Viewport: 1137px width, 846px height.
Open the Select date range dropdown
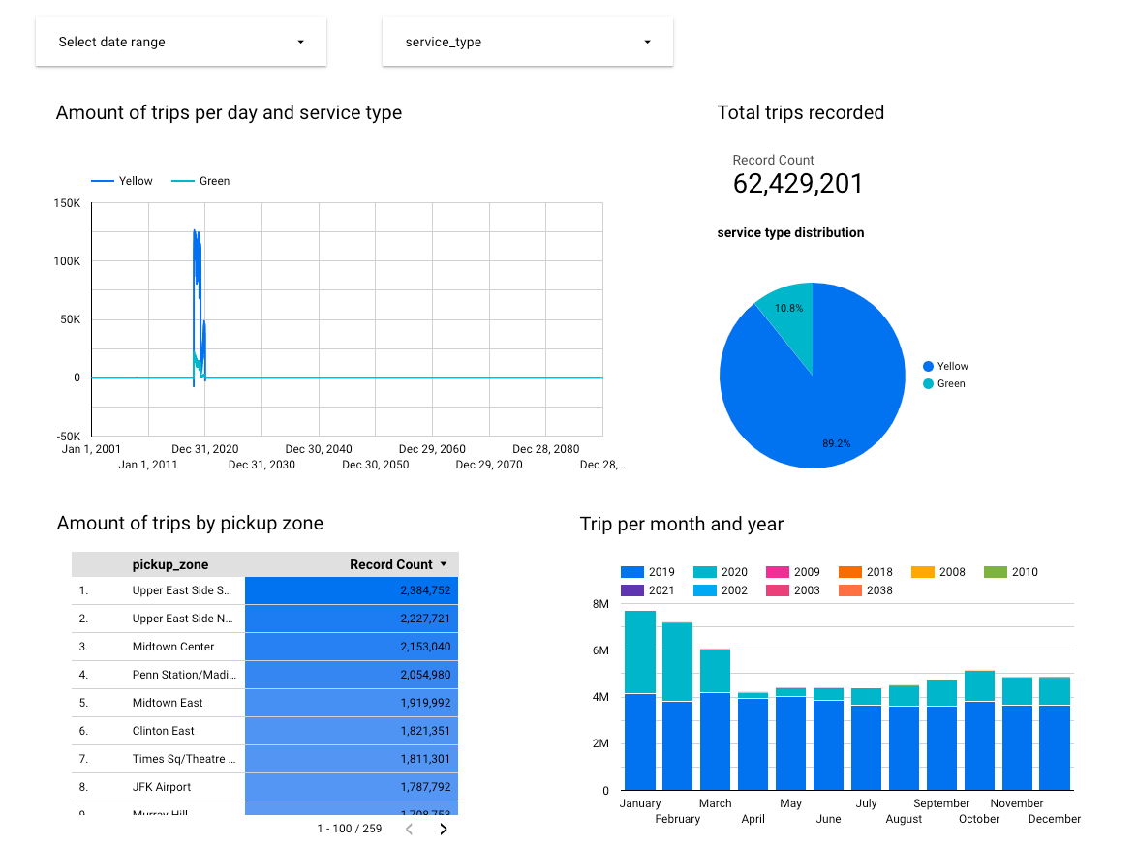tap(180, 43)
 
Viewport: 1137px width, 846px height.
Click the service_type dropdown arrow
tap(647, 43)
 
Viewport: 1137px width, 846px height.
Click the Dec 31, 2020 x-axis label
tap(205, 449)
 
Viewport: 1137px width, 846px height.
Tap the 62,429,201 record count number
tap(797, 184)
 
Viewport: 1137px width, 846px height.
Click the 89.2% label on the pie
tap(836, 443)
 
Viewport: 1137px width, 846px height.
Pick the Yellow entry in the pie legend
tap(952, 366)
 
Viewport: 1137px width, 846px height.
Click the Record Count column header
tap(391, 564)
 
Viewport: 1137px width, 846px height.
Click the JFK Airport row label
tap(162, 787)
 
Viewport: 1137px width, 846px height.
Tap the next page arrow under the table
tap(444, 829)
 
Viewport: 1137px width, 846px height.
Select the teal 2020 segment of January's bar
tap(640, 651)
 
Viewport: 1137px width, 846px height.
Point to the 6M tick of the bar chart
tap(599, 650)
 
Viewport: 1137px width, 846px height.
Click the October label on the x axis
tap(979, 819)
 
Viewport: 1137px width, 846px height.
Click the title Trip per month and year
tap(681, 524)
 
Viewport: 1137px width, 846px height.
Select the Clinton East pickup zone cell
tap(164, 731)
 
